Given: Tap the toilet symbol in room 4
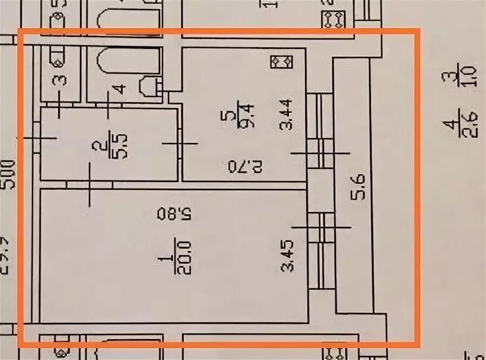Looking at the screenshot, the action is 148,86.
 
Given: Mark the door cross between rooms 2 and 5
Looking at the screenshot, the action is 180,143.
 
